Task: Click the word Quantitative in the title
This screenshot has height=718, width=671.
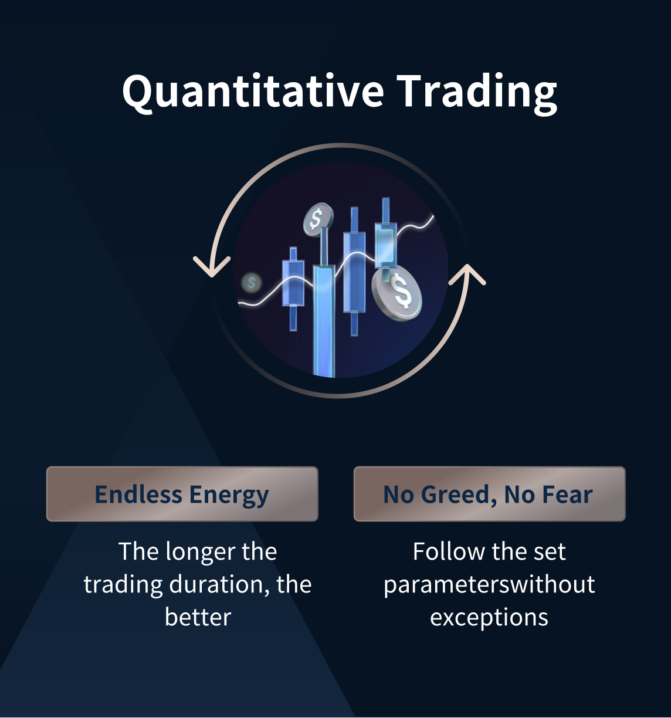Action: tap(253, 91)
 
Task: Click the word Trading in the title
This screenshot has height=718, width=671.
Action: tap(477, 93)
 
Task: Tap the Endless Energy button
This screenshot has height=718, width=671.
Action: tap(182, 494)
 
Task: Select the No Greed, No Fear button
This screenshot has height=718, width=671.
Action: tap(490, 494)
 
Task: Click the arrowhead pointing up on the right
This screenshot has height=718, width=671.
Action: tap(467, 275)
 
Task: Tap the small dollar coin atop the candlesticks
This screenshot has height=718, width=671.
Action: tap(318, 219)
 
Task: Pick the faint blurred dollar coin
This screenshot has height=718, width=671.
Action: tap(251, 282)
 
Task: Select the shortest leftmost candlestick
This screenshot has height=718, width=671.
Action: tap(293, 289)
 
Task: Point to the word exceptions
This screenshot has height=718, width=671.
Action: tap(489, 618)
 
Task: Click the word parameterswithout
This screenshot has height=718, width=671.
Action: tap(489, 585)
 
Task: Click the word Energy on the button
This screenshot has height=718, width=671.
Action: tap(229, 495)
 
